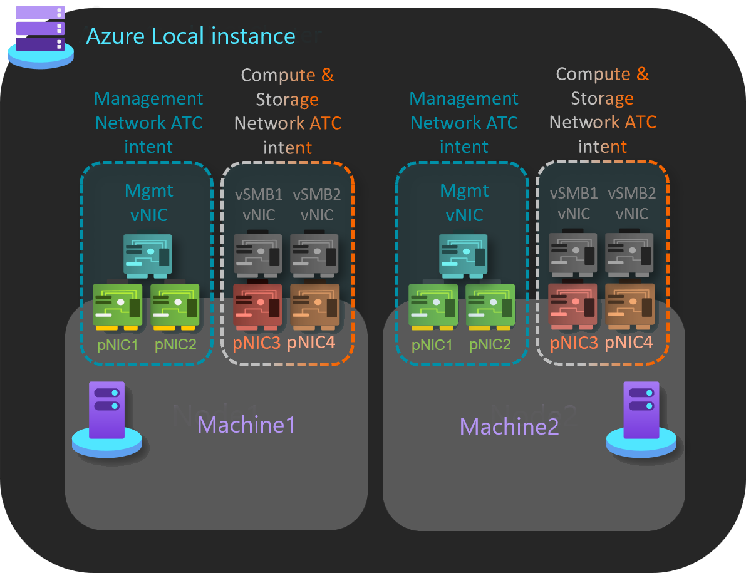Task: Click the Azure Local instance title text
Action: (190, 36)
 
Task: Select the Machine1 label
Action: (246, 425)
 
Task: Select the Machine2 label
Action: (509, 427)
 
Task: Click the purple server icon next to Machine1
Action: (106, 418)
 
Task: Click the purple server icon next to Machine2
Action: (641, 418)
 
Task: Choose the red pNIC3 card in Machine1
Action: (257, 306)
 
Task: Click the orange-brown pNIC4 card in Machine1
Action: (315, 306)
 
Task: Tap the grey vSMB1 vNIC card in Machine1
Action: (257, 254)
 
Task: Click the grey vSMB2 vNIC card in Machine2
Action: (629, 252)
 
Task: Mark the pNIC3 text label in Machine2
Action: (573, 343)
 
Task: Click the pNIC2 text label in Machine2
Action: (490, 344)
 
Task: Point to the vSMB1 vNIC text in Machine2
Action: (574, 204)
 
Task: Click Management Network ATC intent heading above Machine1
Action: (148, 123)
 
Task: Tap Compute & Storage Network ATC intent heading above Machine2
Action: (603, 110)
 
